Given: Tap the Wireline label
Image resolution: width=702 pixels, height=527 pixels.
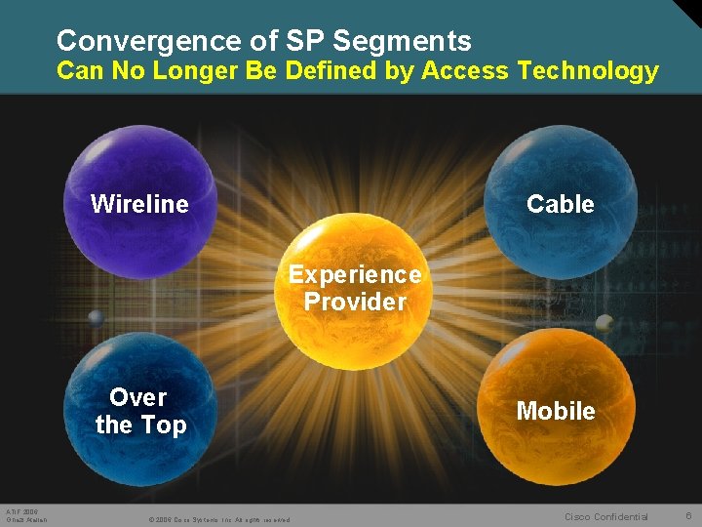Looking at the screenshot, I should [139, 204].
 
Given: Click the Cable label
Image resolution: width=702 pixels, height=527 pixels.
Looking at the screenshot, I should [560, 204].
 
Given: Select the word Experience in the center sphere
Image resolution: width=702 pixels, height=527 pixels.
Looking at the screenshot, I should [355, 275].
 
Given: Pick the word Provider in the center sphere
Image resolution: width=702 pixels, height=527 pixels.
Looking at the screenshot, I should [355, 302].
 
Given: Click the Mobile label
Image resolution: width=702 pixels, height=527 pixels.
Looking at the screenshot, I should [556, 411].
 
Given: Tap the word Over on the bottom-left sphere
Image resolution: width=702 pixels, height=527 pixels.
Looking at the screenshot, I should [138, 397].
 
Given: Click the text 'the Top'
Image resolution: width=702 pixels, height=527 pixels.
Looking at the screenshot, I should [140, 426].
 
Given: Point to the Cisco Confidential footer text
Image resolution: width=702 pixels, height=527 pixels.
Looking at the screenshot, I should [606, 516].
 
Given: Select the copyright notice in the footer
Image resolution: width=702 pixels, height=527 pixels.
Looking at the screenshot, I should [219, 519].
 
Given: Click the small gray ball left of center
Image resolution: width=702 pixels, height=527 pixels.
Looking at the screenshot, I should [96, 318].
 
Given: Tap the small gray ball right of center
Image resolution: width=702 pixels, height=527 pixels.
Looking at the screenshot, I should [604, 322].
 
